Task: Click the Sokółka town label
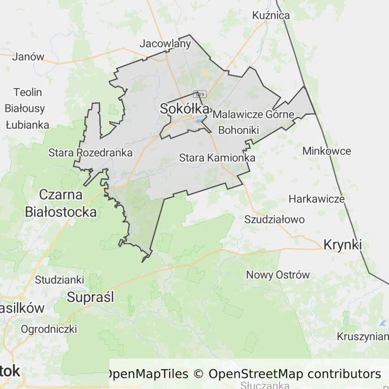(184, 108)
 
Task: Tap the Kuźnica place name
(271, 15)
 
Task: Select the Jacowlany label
(165, 44)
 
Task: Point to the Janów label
(28, 57)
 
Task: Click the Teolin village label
(28, 93)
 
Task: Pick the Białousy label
(25, 108)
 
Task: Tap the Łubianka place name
(27, 125)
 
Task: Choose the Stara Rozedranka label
(90, 152)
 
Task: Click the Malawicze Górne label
(253, 114)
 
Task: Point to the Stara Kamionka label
(217, 158)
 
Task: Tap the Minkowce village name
(326, 151)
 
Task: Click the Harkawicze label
(317, 199)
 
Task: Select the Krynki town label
(342, 245)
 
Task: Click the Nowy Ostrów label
(278, 275)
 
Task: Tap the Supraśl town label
(91, 297)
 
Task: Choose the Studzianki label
(59, 280)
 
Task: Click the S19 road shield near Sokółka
(200, 94)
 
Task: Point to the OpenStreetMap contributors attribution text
(295, 374)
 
